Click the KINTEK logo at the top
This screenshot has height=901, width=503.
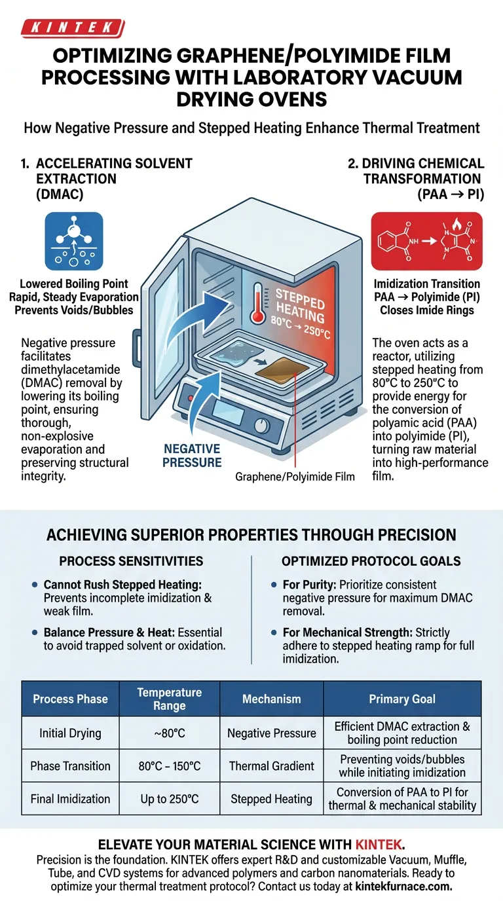pos(72,28)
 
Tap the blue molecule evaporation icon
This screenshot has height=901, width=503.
pos(73,241)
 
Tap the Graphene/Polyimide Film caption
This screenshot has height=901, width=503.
pos(295,477)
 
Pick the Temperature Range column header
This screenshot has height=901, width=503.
pos(170,699)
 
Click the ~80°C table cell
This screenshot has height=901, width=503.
pos(170,733)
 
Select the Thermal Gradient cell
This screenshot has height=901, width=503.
pos(271,766)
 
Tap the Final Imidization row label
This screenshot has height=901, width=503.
pos(70,799)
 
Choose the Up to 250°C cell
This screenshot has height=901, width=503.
pos(170,799)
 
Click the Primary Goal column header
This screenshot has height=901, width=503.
pos(402,699)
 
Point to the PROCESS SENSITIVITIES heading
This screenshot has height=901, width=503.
pos(131,561)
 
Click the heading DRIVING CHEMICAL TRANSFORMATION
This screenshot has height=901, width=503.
pos(417,170)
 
